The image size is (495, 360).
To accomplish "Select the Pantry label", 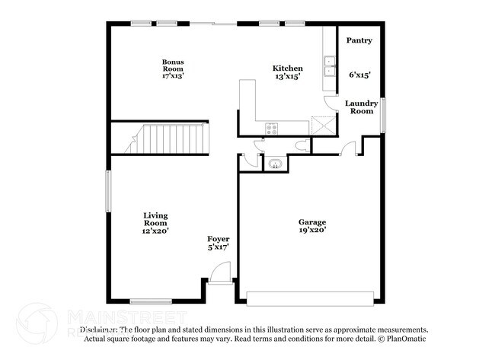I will point(359,40).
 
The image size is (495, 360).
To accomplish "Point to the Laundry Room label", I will point(361,107).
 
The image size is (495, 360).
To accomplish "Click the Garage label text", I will point(312,221).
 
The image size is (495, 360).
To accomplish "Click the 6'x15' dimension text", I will point(359,75).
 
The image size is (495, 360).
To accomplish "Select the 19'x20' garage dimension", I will point(312,229).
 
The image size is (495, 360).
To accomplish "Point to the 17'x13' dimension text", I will point(172,75).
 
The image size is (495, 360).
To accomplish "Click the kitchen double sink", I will point(330,67).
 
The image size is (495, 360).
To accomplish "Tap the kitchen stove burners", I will point(271,128).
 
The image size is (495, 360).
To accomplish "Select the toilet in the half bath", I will point(300,145).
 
